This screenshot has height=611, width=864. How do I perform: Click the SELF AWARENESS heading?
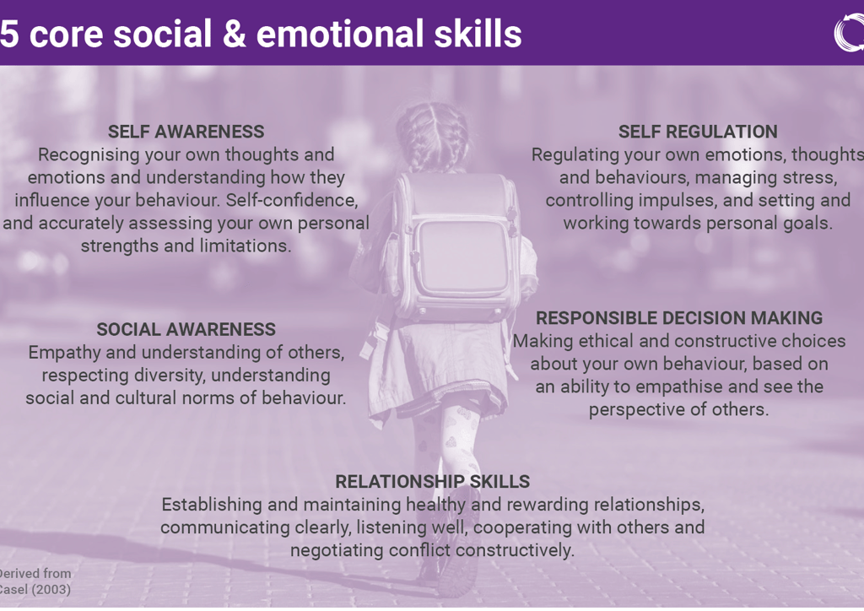coord(186,132)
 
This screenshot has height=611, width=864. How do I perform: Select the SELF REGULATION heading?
coord(698,132)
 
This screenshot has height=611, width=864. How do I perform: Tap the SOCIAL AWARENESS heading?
coord(186,329)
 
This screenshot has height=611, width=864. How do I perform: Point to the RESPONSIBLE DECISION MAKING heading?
coord(679,318)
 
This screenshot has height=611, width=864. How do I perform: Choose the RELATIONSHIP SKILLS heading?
coord(432,482)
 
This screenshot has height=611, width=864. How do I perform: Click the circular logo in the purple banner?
coord(849,32)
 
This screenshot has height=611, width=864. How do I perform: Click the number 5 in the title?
coord(9,34)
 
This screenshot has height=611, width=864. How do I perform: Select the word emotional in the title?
coord(339,34)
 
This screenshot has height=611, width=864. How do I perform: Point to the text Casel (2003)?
coord(34,589)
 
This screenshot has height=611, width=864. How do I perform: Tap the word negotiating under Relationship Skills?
coord(337,550)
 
